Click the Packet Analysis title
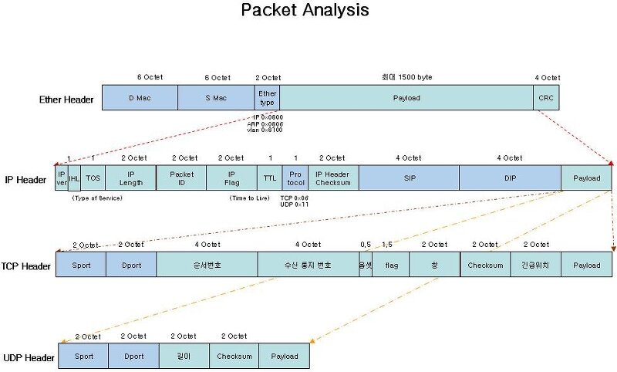[305, 11]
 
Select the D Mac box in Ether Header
[140, 98]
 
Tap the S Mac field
[216, 98]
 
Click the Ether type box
[267, 98]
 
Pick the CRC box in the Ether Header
[547, 98]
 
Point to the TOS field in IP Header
[93, 178]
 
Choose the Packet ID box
[180, 178]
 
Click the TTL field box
[269, 178]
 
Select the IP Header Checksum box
[333, 178]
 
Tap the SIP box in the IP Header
[409, 178]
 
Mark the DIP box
[510, 178]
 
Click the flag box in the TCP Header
[390, 265]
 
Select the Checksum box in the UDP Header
[234, 357]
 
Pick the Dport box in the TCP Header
[131, 265]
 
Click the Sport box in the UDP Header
[83, 357]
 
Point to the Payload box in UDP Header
[284, 357]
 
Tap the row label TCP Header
[26, 265]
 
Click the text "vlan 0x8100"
[265, 130]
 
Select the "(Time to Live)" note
[251, 198]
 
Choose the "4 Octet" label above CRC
[548, 78]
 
